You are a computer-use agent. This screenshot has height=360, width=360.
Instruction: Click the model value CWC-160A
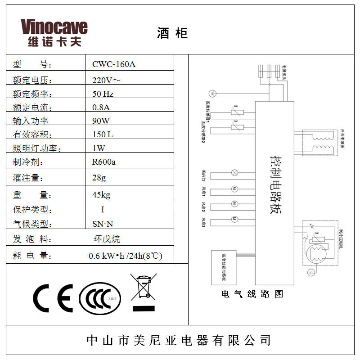tap(113, 64)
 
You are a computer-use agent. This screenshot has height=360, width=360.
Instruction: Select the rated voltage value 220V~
tap(106, 81)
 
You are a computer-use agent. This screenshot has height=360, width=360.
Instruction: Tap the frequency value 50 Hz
tap(103, 94)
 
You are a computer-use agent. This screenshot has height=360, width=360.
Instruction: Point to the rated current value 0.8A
tap(101, 108)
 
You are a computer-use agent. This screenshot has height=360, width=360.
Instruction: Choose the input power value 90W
tap(101, 121)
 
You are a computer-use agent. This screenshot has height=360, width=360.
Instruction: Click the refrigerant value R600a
tap(103, 162)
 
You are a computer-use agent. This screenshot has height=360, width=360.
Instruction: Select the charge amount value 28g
tap(99, 177)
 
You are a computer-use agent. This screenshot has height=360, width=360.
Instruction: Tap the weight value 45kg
tap(101, 195)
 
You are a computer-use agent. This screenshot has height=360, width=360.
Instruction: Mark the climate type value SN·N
tap(103, 224)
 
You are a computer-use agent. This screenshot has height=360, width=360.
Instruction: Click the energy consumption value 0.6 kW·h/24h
tap(125, 256)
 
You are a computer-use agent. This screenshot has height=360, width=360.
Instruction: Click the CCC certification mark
tap(100, 298)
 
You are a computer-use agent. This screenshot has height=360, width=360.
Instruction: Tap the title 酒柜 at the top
tap(172, 33)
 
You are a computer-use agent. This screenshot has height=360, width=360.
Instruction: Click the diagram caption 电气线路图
tap(252, 294)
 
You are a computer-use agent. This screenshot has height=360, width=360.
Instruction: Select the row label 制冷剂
tap(28, 162)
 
